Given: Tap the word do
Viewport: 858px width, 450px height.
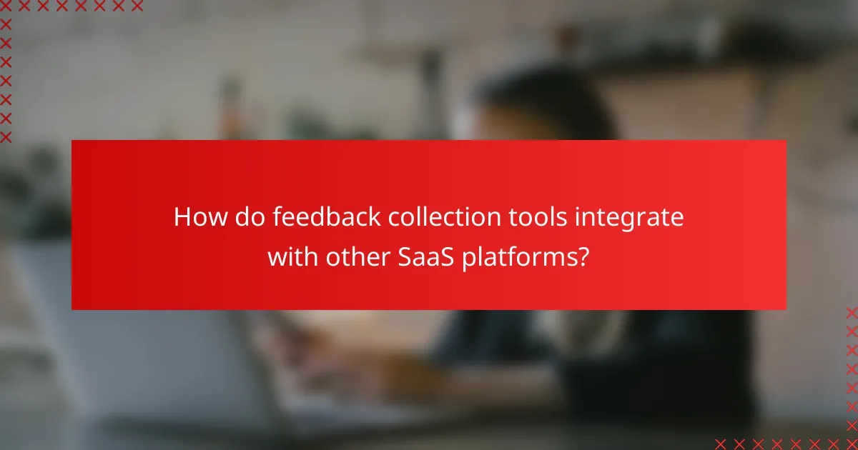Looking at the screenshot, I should coord(246,217).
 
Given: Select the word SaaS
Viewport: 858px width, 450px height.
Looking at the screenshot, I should coord(418,256).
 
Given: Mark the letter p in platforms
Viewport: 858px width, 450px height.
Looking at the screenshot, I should coord(468,259).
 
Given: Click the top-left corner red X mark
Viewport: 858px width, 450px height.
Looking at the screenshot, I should coord(6,6).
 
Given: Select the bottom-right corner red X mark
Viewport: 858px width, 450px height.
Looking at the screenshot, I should coord(851,443).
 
